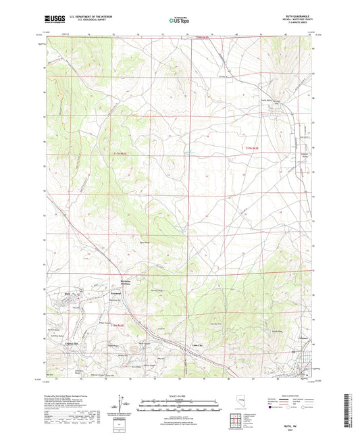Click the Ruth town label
(x=67, y=293)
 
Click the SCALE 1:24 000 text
(x=180, y=395)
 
